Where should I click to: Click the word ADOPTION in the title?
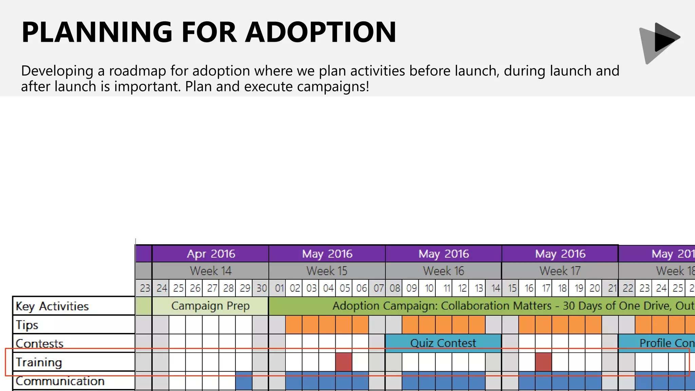pos(321,32)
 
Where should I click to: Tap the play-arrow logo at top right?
pos(660,42)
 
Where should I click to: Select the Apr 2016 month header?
pos(210,254)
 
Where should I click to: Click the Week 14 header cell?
pos(210,271)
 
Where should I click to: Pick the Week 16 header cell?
pos(443,271)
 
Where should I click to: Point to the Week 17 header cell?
pos(560,271)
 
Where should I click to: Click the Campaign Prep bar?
pos(210,306)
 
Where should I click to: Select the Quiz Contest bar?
pos(443,343)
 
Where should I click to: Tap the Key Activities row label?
pos(52,306)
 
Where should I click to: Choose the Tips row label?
pos(27,325)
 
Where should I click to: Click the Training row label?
pos(39,362)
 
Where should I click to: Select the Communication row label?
pos(60,381)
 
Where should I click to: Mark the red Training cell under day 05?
pos(344,362)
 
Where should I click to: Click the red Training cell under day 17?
pos(543,362)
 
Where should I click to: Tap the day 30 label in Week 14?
pos(261,288)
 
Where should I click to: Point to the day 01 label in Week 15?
pos(279,288)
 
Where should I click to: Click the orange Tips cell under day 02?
pos(294,324)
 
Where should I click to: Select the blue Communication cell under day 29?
pos(244,380)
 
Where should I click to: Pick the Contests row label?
pos(39,343)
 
